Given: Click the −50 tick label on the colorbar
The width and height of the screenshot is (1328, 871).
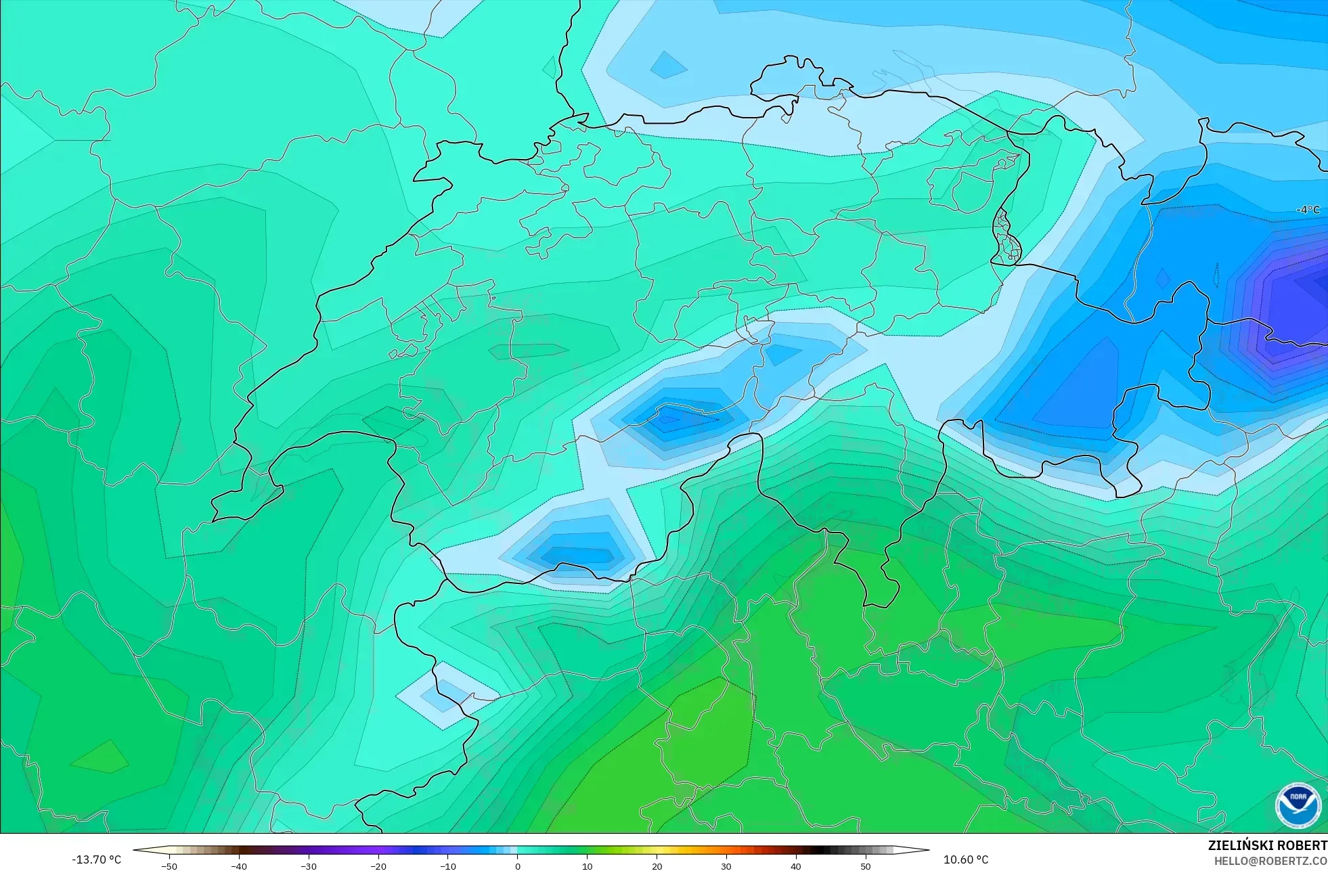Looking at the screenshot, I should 169,866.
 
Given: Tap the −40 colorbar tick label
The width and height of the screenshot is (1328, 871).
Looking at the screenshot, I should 239,866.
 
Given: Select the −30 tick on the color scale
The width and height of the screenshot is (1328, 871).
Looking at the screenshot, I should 309,866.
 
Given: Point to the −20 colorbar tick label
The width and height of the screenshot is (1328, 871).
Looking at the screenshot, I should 378,866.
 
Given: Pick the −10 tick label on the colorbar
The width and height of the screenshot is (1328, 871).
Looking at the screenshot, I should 448,866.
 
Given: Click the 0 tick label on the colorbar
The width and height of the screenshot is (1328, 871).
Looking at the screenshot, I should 518,866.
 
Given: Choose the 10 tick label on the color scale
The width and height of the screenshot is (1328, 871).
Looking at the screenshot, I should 587,866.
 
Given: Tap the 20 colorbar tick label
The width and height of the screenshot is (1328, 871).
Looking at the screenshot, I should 657,866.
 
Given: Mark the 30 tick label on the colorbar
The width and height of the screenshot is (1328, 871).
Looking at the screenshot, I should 726,866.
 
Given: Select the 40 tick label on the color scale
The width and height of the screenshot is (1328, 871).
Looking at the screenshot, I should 796,866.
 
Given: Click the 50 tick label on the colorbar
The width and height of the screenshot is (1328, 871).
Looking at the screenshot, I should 866,866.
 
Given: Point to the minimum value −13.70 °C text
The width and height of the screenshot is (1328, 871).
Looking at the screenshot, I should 97,859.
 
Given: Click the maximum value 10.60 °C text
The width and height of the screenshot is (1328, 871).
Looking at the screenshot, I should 966,859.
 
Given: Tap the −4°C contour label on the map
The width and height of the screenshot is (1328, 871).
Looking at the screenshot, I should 1308,210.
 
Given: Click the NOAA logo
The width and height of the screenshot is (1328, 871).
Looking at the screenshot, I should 1298,805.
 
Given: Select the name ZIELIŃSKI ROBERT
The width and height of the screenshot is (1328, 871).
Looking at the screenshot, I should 1267,845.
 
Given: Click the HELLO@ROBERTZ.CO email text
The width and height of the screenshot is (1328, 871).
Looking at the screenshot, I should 1270,861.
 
